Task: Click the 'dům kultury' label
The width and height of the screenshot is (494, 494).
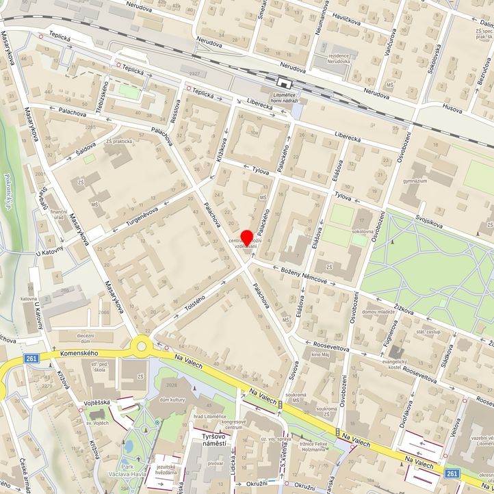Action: (x=173, y=399)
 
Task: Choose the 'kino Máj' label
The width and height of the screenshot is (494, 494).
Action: (x=320, y=355)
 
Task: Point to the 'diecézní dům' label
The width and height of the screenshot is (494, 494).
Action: (x=85, y=339)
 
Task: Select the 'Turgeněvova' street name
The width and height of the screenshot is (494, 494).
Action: (x=137, y=216)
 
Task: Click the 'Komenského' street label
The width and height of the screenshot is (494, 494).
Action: (x=75, y=352)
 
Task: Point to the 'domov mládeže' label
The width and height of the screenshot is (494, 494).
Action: (x=379, y=312)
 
